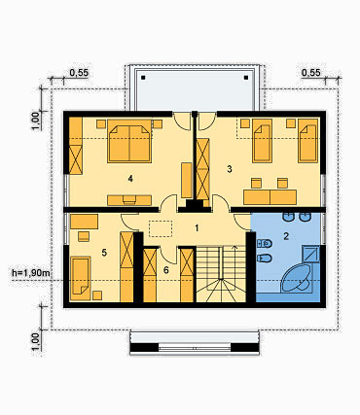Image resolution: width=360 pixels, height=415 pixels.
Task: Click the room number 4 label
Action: pyautogui.click(x=130, y=179)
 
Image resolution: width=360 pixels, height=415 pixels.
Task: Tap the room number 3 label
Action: pyautogui.click(x=230, y=169)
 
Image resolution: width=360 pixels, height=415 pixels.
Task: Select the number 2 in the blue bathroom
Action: pyautogui.click(x=286, y=236)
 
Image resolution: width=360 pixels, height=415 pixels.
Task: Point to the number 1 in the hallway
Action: pyautogui.click(x=197, y=228)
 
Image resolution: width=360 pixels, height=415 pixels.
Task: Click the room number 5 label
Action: pyautogui.click(x=104, y=253)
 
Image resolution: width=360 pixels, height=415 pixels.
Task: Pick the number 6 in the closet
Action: pyautogui.click(x=166, y=270)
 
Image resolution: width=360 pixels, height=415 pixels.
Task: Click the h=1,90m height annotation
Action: pyautogui.click(x=31, y=273)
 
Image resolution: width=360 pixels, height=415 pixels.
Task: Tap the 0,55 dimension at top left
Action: pyautogui.click(x=79, y=73)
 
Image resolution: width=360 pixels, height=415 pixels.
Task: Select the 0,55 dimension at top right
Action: pyautogui.click(x=311, y=73)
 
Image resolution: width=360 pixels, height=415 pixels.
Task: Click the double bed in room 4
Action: pyautogui.click(x=129, y=141)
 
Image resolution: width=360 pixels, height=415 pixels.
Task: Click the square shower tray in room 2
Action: pyautogui.click(x=310, y=254)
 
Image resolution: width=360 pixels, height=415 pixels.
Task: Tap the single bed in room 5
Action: pyautogui.click(x=81, y=276)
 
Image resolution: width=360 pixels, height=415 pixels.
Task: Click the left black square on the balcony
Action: pyautogui.click(x=143, y=78)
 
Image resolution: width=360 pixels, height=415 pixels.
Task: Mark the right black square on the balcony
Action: pyautogui.click(x=246, y=78)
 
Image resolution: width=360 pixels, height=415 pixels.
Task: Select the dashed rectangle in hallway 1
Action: pyautogui.click(x=161, y=228)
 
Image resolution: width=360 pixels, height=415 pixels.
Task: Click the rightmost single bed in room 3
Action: pyautogui.click(x=307, y=140)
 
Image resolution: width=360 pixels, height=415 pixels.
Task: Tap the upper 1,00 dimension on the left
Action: pyautogui.click(x=36, y=121)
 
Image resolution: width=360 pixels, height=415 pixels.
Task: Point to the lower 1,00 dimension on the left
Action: pyautogui.click(x=36, y=342)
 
